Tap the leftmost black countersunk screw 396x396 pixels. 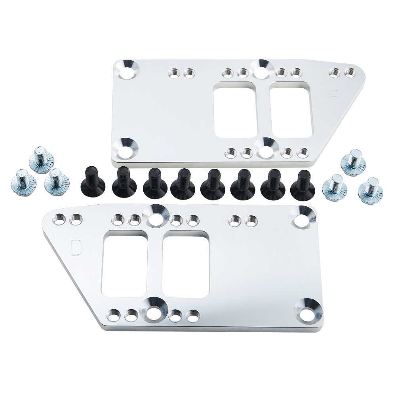coord(90,183)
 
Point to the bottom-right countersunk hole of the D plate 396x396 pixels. coord(307,310)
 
